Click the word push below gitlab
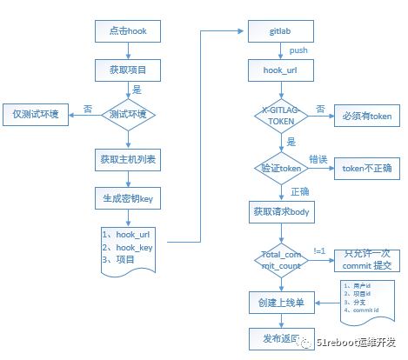pyautogui.click(x=298, y=50)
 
